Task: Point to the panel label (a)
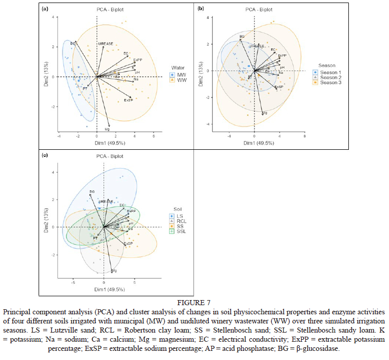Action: point(45,9)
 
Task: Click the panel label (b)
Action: point(201,9)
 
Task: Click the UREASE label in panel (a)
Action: point(106,44)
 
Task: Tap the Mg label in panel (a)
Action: point(107,129)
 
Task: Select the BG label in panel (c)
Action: point(92,191)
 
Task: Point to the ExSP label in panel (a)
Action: point(128,101)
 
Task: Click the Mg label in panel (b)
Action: point(265,113)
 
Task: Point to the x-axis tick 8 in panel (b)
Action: point(304,136)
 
